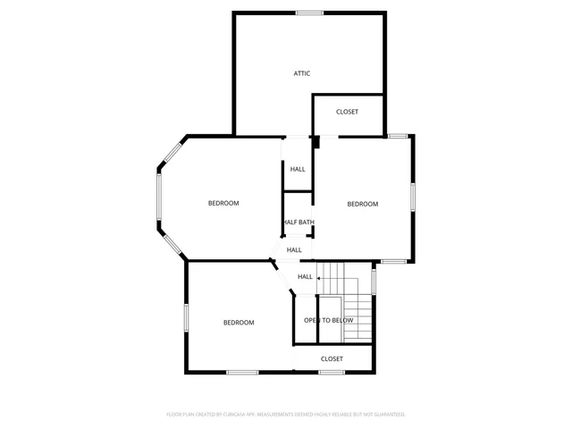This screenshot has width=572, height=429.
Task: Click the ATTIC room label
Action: (x=302, y=73)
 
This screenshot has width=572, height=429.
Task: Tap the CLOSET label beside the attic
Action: (x=348, y=112)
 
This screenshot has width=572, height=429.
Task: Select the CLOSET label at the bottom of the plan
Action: (x=332, y=358)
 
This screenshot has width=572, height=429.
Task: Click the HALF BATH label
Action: (x=299, y=223)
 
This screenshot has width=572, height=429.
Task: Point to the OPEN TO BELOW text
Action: (x=329, y=320)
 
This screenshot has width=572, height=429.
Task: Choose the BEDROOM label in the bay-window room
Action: (x=223, y=203)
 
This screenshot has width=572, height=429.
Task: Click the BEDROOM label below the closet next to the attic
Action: (x=363, y=204)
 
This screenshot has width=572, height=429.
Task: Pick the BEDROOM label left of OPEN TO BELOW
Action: (x=239, y=323)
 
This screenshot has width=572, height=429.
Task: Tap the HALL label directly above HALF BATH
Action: (x=298, y=169)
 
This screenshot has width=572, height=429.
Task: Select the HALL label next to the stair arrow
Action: (x=305, y=277)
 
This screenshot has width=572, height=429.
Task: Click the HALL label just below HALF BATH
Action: (x=294, y=250)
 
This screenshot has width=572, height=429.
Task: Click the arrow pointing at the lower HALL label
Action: (x=319, y=278)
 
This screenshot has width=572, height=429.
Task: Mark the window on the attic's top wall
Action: (x=309, y=13)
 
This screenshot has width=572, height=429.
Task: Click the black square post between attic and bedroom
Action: (x=315, y=141)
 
